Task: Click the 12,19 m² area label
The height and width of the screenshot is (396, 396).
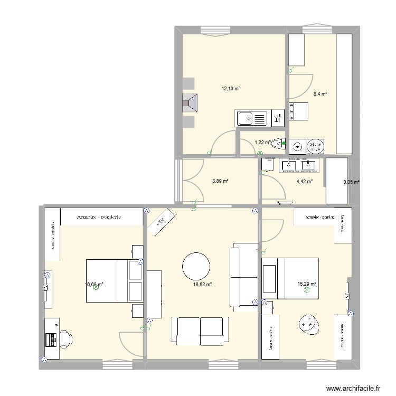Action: [231, 89]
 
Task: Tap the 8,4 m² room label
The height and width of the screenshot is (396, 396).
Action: [320, 94]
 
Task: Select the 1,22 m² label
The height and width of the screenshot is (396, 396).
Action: [262, 143]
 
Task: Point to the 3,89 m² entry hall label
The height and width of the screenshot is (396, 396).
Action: [220, 181]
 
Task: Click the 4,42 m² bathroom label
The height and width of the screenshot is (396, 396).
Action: [304, 182]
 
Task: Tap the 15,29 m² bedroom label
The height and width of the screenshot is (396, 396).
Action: [307, 284]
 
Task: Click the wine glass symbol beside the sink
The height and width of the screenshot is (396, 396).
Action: [277, 118]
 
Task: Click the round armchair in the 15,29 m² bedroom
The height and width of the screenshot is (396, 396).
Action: [308, 324]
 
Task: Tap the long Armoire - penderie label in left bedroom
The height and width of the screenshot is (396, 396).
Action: [99, 216]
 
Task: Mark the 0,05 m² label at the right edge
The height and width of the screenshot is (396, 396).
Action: [351, 182]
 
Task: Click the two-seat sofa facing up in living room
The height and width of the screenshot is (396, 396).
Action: [200, 330]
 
